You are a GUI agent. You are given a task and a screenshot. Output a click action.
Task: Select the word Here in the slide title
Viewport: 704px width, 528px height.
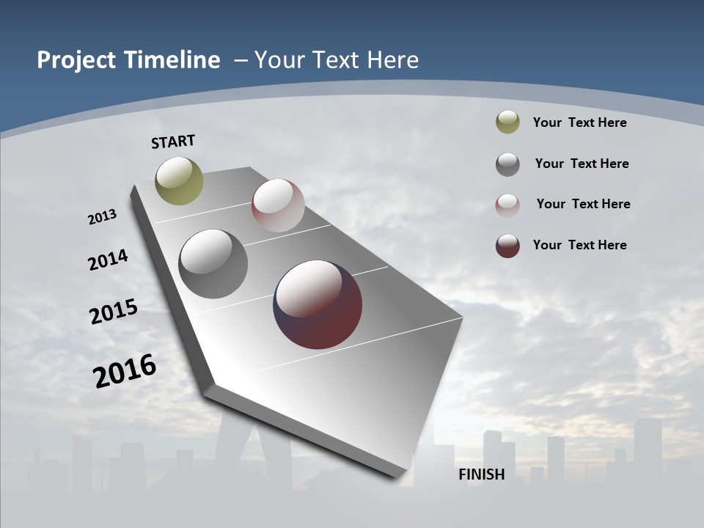click(392, 60)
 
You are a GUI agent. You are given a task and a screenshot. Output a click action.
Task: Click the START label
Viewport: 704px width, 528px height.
click(173, 142)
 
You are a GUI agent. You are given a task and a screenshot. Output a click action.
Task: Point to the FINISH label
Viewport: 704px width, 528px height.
click(482, 474)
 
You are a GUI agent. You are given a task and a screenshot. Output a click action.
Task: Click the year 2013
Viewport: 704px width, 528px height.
click(102, 217)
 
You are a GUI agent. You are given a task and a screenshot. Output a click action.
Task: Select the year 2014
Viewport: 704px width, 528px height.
click(108, 260)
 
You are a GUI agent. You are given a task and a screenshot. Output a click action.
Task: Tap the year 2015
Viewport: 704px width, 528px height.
click(113, 312)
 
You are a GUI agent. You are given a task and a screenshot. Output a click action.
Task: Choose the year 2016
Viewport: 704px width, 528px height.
click(125, 371)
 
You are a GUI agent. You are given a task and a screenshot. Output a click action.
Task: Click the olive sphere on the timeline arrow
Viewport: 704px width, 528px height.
click(179, 180)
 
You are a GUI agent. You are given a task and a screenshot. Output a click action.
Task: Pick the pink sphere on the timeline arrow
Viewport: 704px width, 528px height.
click(278, 205)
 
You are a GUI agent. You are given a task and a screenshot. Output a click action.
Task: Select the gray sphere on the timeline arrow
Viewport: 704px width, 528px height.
click(213, 264)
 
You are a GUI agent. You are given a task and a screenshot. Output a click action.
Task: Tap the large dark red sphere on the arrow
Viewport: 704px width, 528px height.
click(318, 304)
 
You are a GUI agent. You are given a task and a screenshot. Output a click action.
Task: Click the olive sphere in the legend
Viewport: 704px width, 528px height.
click(507, 122)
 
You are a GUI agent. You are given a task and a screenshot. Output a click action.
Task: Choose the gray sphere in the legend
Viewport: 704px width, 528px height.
click(507, 164)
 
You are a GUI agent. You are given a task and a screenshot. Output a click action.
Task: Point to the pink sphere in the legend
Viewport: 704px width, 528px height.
click(507, 205)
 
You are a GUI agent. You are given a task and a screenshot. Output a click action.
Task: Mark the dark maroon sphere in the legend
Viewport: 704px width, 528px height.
click(507, 246)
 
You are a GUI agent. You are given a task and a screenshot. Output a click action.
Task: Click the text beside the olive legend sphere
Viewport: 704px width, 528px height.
click(579, 122)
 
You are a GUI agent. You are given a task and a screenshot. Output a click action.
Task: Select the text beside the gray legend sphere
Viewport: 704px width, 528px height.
click(582, 164)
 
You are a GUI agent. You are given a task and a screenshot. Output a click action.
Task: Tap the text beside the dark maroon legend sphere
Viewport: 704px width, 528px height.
click(579, 245)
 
